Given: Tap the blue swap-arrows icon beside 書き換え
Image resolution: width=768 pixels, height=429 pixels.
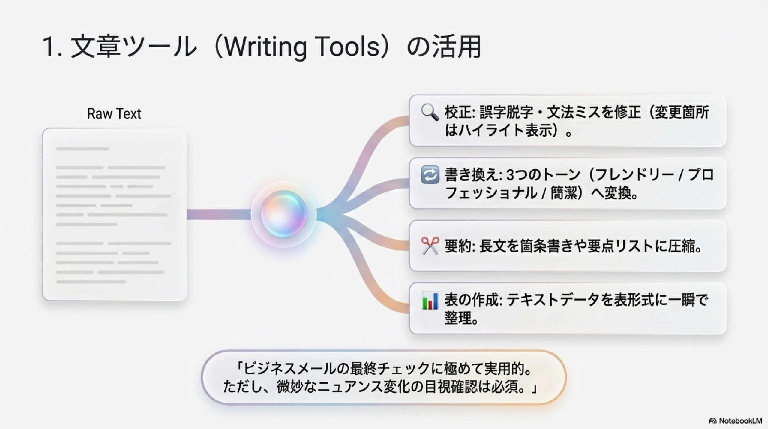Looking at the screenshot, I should pyautogui.click(x=430, y=175).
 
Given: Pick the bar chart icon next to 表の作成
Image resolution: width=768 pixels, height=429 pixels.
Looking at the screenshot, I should pyautogui.click(x=430, y=300).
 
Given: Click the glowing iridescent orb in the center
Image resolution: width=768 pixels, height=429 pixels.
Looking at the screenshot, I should pyautogui.click(x=283, y=214).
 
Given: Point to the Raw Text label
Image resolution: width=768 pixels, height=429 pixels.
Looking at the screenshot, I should pyautogui.click(x=114, y=113).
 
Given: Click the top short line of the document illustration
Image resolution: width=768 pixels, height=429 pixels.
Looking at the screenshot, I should pyautogui.click(x=82, y=149).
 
